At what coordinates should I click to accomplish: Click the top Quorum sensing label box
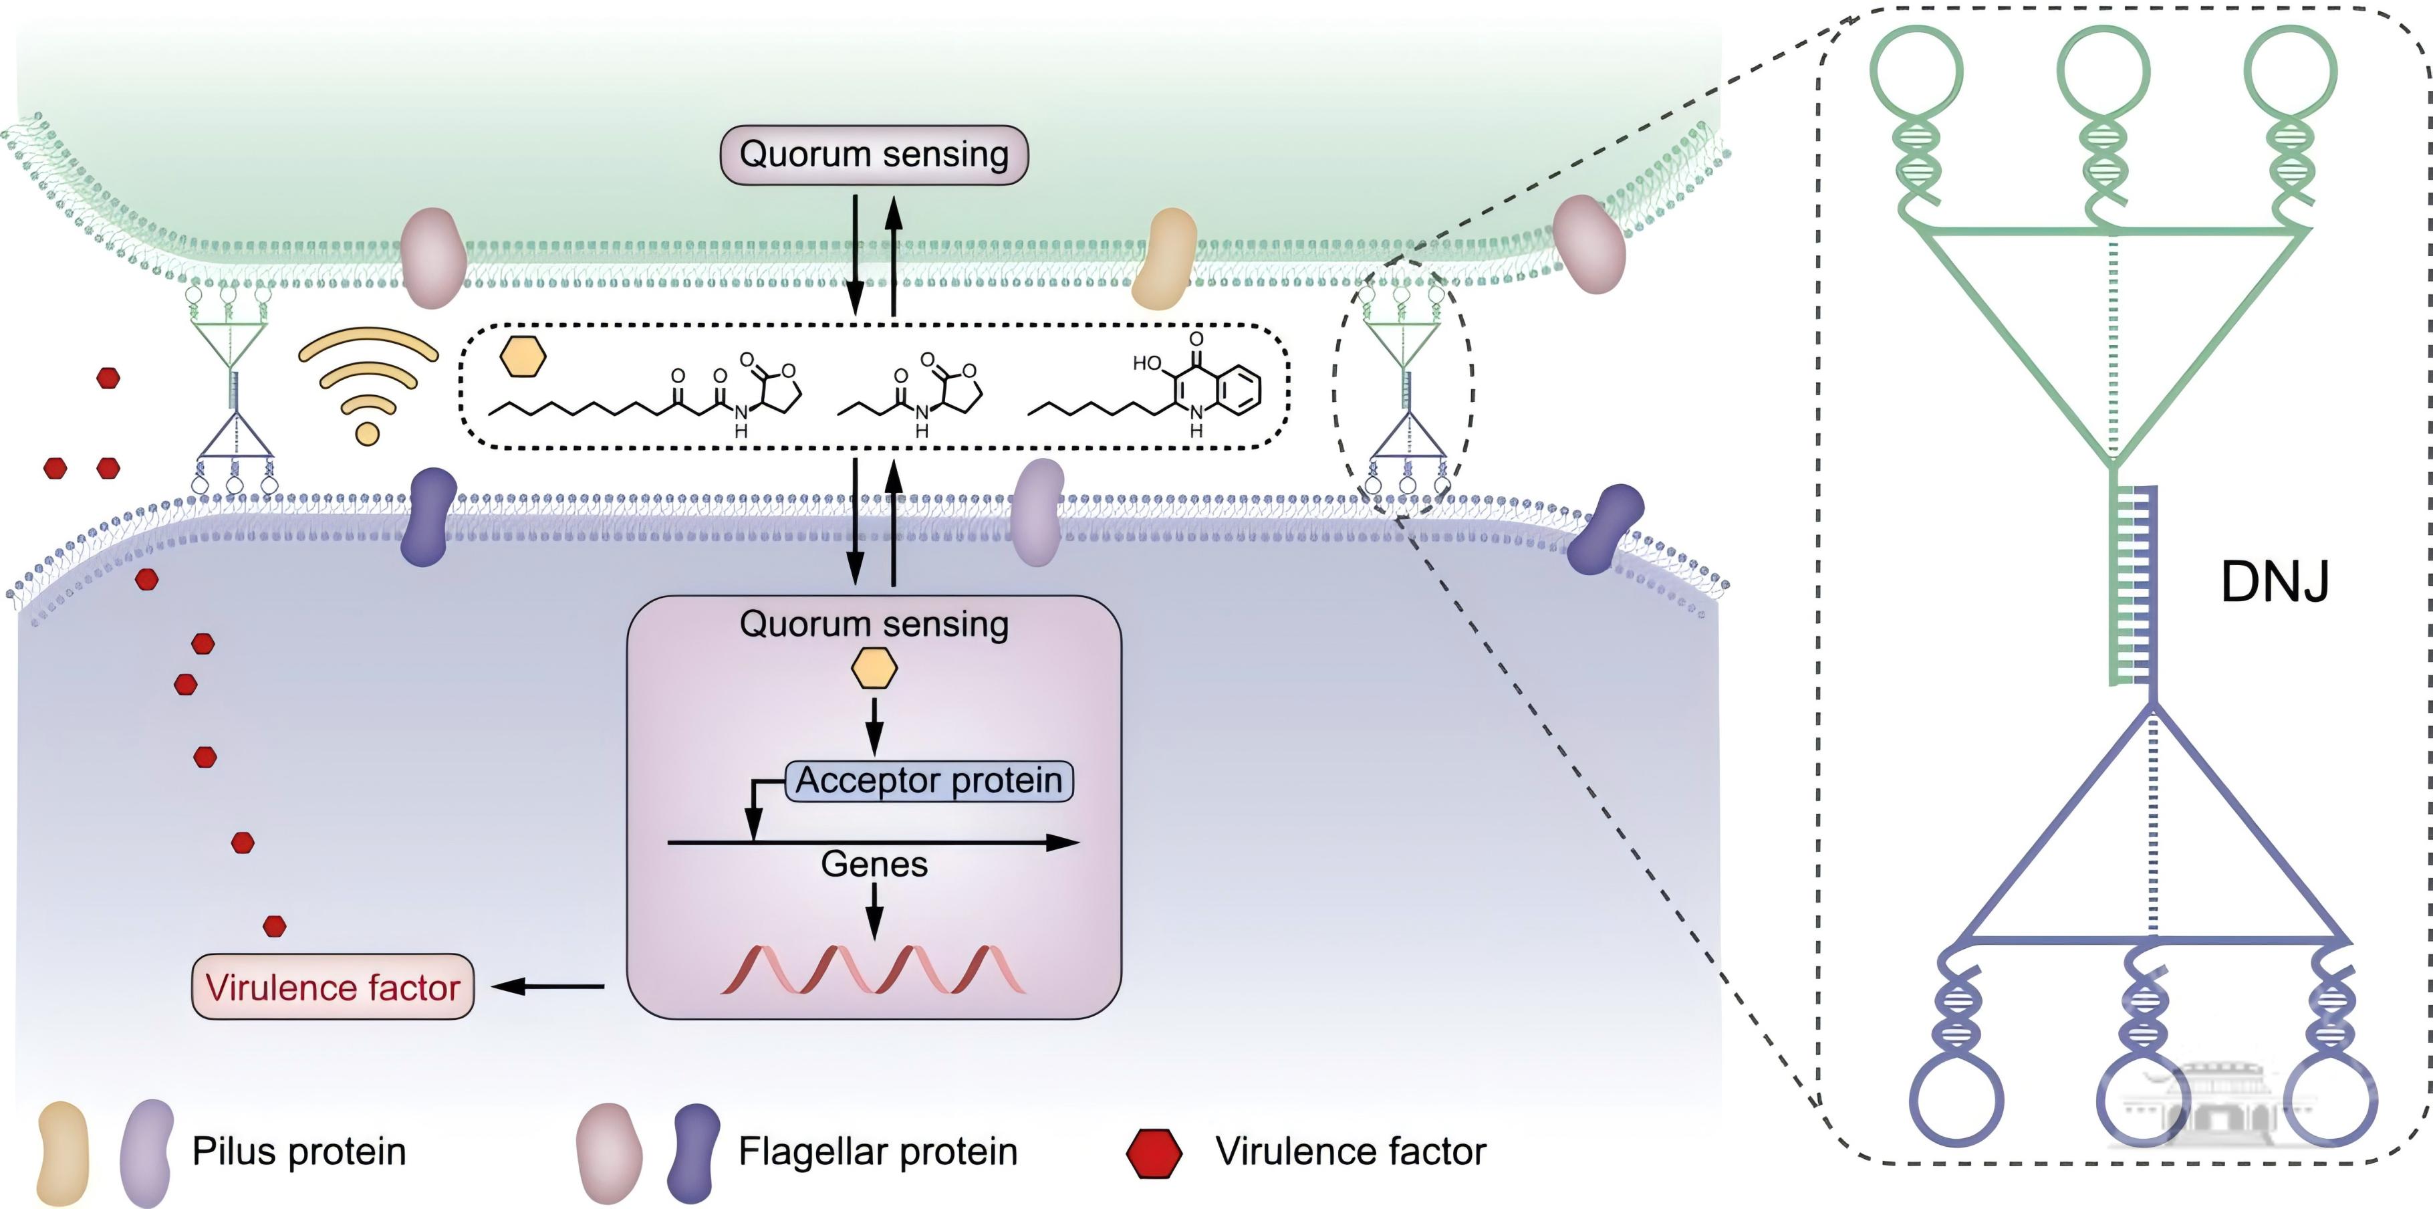pyautogui.click(x=874, y=154)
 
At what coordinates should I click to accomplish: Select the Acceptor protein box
pyautogui.click(x=929, y=781)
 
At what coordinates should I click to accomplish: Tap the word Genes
pyautogui.click(x=874, y=864)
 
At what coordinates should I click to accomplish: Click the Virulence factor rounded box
pyautogui.click(x=332, y=987)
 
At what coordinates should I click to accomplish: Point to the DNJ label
pyautogui.click(x=2275, y=582)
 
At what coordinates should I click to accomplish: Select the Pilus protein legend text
pyautogui.click(x=299, y=1151)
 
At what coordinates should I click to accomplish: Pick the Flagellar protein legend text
pyautogui.click(x=878, y=1151)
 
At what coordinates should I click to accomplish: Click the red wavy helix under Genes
pyautogui.click(x=873, y=970)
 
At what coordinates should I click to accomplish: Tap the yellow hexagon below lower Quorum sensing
pyautogui.click(x=874, y=669)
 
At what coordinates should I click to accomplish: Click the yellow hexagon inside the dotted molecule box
pyautogui.click(x=522, y=357)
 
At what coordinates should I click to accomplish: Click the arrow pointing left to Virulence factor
pyautogui.click(x=548, y=987)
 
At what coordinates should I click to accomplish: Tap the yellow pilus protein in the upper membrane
pyautogui.click(x=1164, y=259)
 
